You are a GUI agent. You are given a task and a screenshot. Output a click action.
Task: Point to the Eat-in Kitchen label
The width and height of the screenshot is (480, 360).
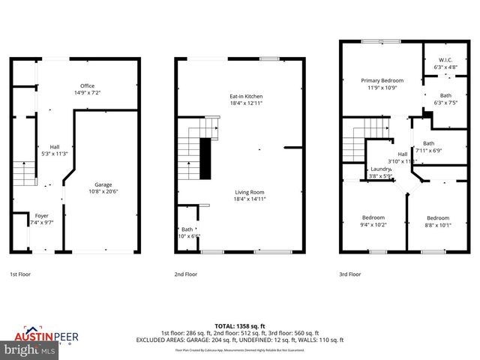pyautogui.click(x=245, y=96)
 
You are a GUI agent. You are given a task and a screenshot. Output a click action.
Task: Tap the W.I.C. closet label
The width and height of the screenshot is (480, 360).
pyautogui.click(x=445, y=61)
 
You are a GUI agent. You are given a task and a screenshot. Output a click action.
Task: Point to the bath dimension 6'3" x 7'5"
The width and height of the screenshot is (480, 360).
pyautogui.click(x=445, y=102)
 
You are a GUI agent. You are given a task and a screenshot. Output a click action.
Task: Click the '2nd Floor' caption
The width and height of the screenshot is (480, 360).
pyautogui.click(x=186, y=274)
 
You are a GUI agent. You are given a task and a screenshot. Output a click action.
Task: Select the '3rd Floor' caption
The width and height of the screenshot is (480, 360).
pyautogui.click(x=349, y=274)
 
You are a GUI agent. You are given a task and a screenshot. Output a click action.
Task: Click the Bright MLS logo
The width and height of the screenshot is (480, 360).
pyautogui.click(x=28, y=349)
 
